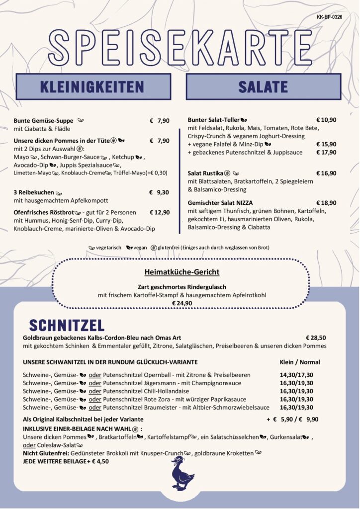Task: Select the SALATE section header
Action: tap(264, 86)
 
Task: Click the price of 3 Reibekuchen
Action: tap(159, 192)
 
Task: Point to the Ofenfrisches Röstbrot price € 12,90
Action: tap(159, 212)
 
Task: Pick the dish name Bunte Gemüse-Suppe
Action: tap(43, 121)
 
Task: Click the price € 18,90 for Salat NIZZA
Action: tap(326, 203)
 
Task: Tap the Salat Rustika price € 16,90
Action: tap(326, 173)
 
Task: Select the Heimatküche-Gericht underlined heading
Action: tap(181, 272)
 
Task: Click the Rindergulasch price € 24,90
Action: tap(181, 303)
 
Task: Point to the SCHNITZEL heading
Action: tap(67, 325)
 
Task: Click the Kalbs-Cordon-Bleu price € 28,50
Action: tap(316, 338)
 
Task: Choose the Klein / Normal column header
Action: tap(300, 362)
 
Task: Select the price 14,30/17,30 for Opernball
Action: tap(296, 375)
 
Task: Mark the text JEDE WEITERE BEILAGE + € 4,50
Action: tap(66, 461)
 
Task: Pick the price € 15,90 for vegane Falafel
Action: tap(326, 144)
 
